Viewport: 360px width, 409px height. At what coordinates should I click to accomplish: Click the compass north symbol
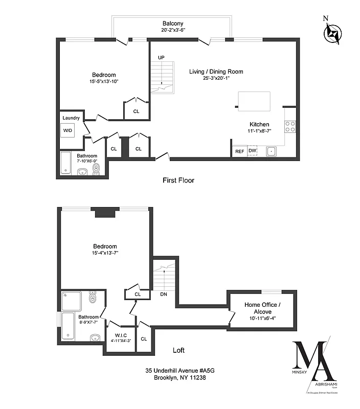(333, 34)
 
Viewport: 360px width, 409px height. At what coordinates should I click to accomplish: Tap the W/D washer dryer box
(68, 130)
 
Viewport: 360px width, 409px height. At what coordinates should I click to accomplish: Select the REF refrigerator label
(239, 151)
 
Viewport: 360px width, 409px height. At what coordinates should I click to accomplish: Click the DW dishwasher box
(252, 151)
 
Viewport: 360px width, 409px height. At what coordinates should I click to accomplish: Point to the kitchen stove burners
(290, 126)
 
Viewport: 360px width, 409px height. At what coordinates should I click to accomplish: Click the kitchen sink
(271, 151)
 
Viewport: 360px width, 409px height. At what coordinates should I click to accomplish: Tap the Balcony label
(173, 24)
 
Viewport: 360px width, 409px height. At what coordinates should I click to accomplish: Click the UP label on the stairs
(161, 57)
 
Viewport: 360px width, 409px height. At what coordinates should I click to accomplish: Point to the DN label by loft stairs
(164, 294)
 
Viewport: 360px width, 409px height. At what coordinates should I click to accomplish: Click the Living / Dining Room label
(216, 72)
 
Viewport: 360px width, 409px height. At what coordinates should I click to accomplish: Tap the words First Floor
(178, 180)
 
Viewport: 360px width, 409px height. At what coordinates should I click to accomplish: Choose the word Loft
(178, 350)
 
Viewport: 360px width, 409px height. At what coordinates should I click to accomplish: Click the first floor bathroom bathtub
(65, 163)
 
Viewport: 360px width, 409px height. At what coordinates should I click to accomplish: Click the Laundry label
(71, 118)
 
